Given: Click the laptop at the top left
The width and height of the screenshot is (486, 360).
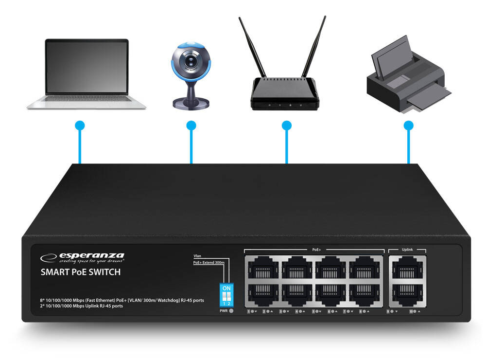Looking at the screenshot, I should click(87, 73).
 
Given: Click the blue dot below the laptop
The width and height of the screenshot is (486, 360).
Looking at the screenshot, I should click(80, 126).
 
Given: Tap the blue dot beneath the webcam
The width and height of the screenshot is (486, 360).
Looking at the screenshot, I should click(191, 126).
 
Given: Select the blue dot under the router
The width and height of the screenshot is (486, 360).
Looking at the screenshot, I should click(287, 126).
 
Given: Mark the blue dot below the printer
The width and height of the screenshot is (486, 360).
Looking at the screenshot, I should click(409, 126).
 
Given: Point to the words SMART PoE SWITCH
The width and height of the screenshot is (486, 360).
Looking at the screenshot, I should click(80, 272).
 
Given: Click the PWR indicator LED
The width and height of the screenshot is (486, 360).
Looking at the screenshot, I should click(231, 310).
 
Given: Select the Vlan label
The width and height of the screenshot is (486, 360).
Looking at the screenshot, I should click(197, 255).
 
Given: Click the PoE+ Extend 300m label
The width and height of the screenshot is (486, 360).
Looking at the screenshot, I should click(209, 263).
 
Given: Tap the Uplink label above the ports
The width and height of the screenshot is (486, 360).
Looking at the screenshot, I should click(407, 250).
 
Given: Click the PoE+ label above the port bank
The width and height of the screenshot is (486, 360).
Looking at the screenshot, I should click(316, 250).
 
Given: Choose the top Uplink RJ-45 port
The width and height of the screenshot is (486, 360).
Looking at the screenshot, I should click(407, 267).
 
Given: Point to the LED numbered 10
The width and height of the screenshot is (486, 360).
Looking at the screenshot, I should click(415, 311).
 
